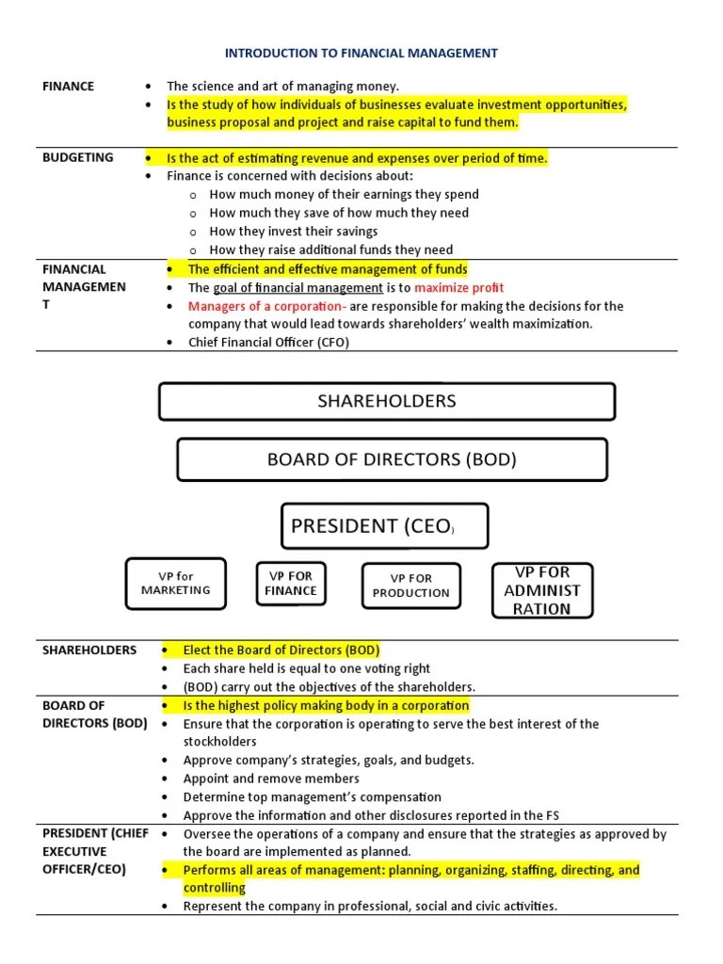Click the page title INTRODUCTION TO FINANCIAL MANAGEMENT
361,53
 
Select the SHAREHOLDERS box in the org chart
387,401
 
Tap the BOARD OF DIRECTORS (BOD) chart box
392,460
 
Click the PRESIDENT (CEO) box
384,526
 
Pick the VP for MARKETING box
175,583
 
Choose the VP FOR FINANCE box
291,583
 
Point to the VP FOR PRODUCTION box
410,586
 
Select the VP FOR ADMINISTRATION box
542,590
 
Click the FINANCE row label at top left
69,87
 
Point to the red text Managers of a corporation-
267,306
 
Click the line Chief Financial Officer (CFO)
268,343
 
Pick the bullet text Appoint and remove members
271,779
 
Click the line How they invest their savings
294,231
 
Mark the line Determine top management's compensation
312,796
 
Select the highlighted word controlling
214,888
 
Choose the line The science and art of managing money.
282,87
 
